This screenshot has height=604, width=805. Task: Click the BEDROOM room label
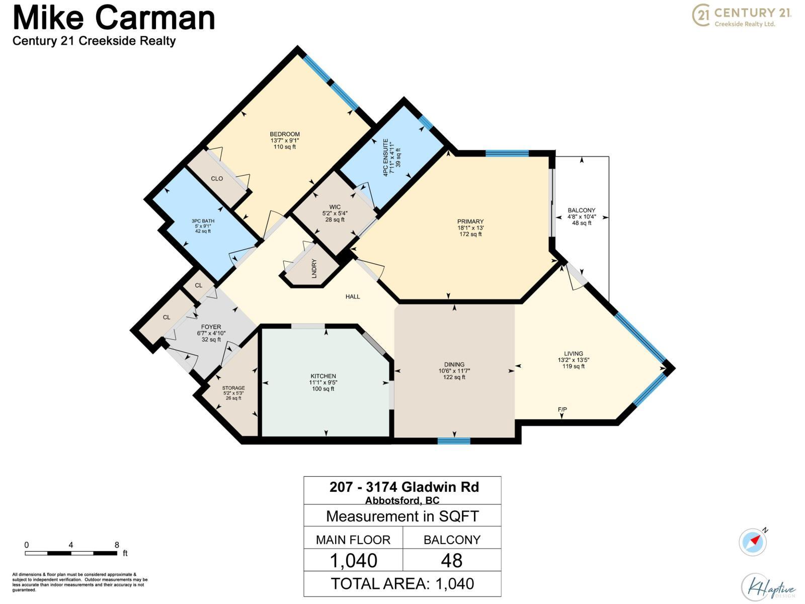(x=285, y=134)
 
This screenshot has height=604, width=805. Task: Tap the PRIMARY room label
(x=470, y=221)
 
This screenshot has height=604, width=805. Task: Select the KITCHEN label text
(x=323, y=376)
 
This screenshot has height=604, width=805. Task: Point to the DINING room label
(x=454, y=364)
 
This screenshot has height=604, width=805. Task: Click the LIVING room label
(x=574, y=353)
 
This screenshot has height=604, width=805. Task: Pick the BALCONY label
(x=582, y=210)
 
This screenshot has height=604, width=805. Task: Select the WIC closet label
(x=335, y=207)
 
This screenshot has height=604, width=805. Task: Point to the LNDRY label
(x=314, y=268)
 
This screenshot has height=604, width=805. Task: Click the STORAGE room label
(x=233, y=388)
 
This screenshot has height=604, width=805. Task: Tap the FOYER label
(x=211, y=327)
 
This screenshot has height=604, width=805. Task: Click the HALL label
(x=353, y=296)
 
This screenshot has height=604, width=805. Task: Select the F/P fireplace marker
(x=562, y=410)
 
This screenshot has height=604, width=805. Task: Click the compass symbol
(x=753, y=543)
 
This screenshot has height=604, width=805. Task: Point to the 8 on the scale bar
(x=117, y=545)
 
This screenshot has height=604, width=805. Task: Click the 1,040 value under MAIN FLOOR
(x=353, y=560)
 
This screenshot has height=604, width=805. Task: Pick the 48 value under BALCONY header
(x=452, y=560)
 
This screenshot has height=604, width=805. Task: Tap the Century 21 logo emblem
(x=701, y=16)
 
